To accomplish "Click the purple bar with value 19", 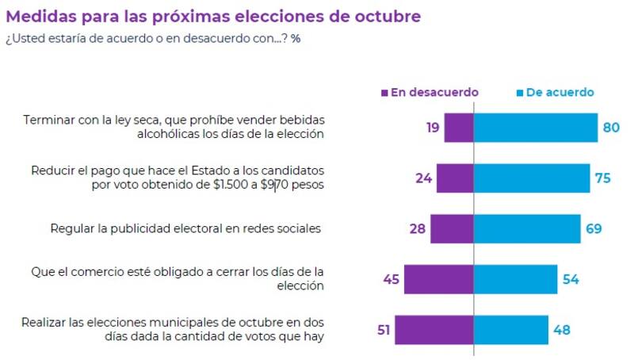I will point(459,128).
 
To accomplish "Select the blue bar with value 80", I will point(535,128).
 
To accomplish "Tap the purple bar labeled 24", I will point(455,178).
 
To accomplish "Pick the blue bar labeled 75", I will point(532,178).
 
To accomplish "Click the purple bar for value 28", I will point(452,228).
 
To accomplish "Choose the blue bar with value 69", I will point(527,228).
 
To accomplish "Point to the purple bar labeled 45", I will point(438,279).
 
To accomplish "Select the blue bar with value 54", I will point(516,279).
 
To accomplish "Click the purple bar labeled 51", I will point(434,330).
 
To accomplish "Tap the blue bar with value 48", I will point(511,330).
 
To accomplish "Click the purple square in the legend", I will point(384,93).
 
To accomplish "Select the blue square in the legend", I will point(519,93).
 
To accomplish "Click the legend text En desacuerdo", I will point(434,92).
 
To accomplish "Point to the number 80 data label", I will point(611,128).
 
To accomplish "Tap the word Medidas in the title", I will point(40,16).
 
